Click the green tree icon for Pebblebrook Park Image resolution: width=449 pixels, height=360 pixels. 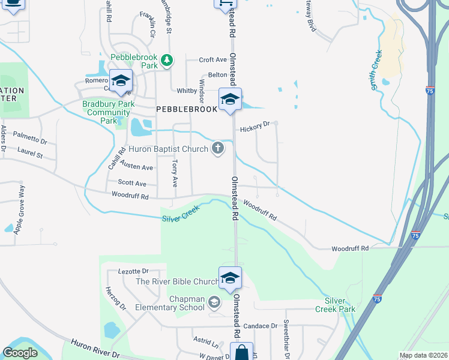(x=167, y=60)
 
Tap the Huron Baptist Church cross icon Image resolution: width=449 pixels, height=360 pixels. (x=218, y=149)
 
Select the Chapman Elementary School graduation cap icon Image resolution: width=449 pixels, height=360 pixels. (x=214, y=302)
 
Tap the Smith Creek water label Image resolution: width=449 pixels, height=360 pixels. (x=376, y=70)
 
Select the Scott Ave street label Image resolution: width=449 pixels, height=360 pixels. (x=132, y=183)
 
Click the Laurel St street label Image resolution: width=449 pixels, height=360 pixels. (x=30, y=153)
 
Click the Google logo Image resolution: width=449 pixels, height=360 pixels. (x=20, y=353)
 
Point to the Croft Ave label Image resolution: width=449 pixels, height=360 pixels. (x=213, y=59)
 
